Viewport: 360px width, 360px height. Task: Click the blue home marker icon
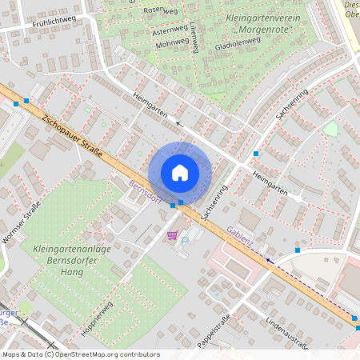tap(180, 172)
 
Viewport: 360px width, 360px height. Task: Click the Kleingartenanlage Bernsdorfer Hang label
tap(73, 255)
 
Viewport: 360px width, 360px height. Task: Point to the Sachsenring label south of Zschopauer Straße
tap(215, 202)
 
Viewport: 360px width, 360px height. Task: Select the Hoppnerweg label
tap(98, 315)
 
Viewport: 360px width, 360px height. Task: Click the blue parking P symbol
tap(186, 240)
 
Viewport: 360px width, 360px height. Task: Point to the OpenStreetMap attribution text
tap(80, 354)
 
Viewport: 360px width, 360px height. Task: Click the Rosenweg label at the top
tap(160, 10)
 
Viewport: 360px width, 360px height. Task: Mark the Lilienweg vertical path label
tap(194, 38)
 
